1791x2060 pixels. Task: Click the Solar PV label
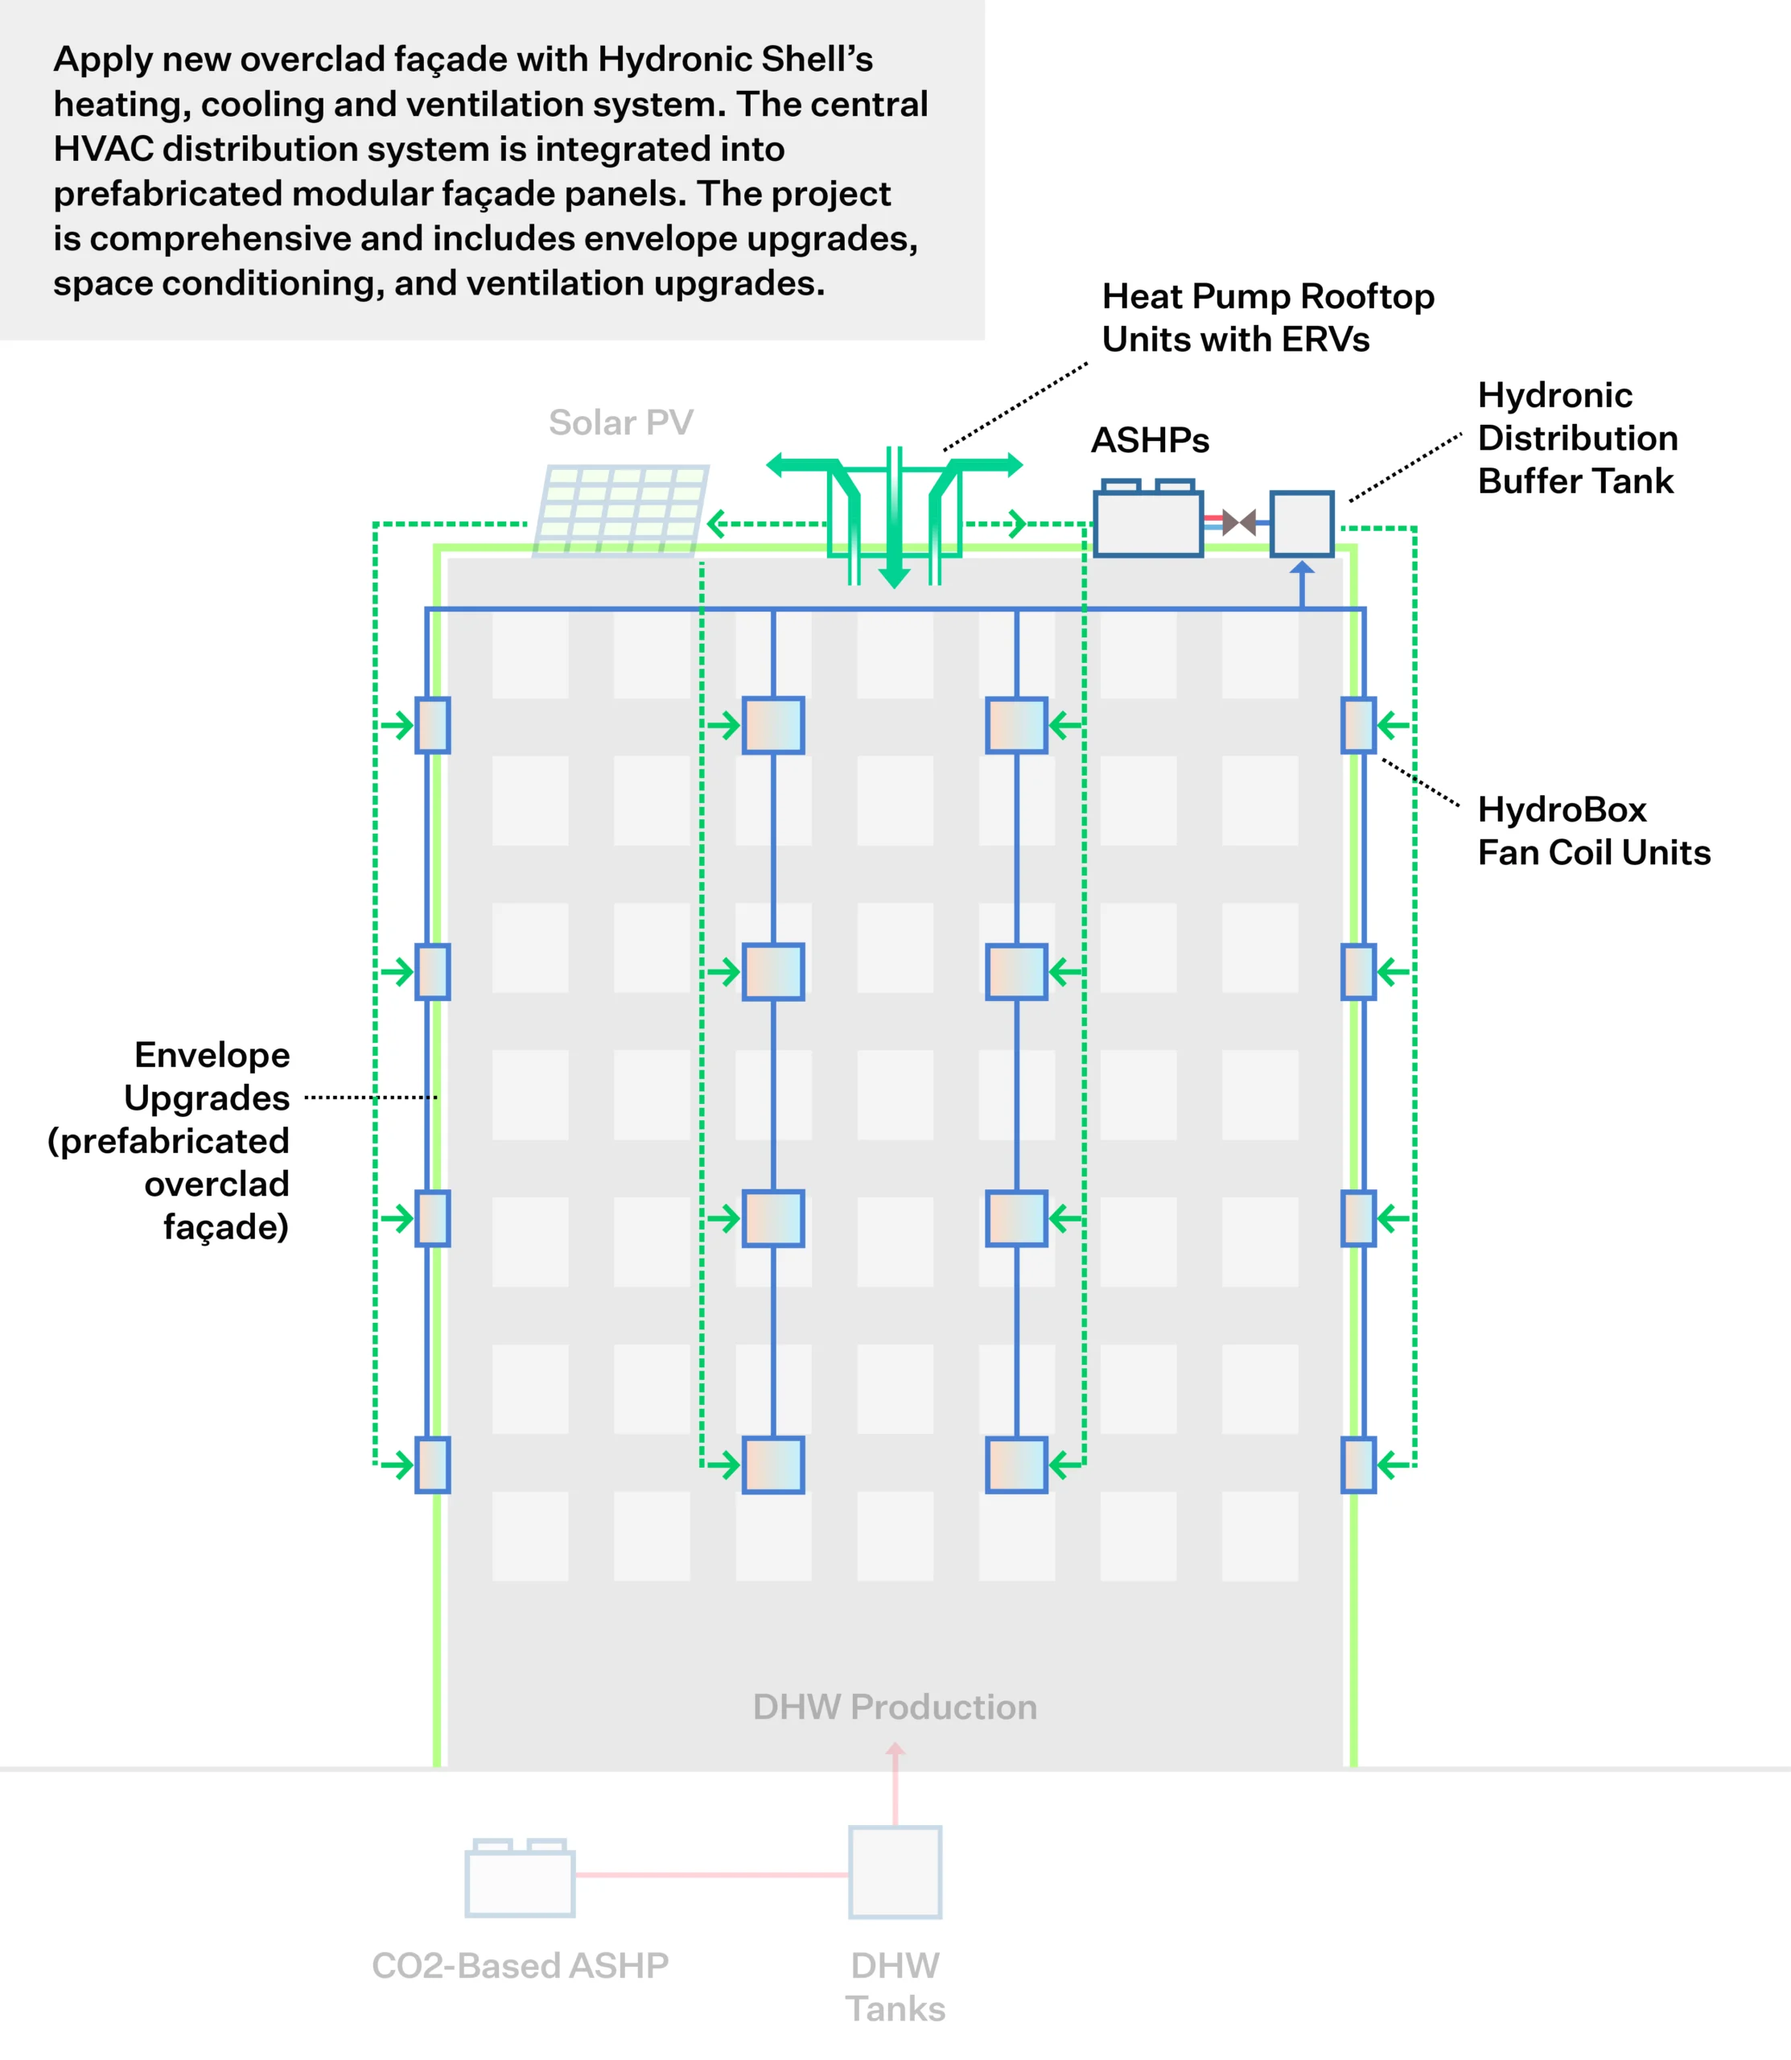coord(620,422)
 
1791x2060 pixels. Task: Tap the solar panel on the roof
coord(620,509)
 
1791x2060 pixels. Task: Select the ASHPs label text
coord(1150,441)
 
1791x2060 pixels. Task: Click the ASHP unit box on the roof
coord(1148,519)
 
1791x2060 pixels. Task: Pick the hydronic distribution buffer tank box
coord(1301,523)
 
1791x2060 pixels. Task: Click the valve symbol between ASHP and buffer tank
coord(1239,521)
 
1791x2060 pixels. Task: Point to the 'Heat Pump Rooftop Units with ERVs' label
coord(1267,318)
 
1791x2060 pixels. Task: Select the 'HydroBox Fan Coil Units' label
coord(1594,830)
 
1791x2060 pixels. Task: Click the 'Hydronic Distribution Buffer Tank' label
coord(1577,438)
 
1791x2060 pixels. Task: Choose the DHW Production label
coord(895,1706)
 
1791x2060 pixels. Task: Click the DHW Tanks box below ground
coord(895,1872)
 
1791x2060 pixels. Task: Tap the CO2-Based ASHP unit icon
coord(520,1878)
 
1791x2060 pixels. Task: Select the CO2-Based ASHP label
coord(520,1966)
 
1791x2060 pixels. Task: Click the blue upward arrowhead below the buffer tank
coord(1301,568)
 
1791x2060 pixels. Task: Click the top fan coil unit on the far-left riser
coord(433,725)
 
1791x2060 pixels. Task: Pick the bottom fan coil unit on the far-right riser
coord(1358,1465)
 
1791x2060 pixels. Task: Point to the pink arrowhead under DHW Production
coord(895,1750)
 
